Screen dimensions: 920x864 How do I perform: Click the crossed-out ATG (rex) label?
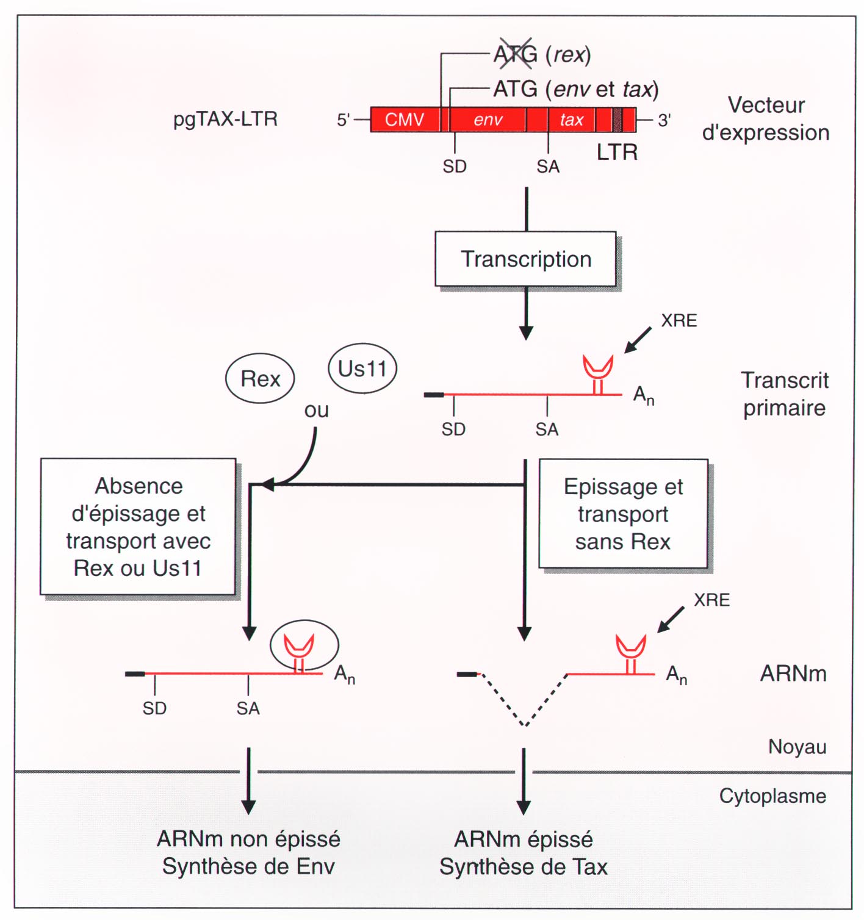pyautogui.click(x=542, y=55)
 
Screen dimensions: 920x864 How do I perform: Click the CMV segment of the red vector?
pyautogui.click(x=404, y=120)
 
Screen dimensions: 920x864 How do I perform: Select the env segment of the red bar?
pyautogui.click(x=488, y=120)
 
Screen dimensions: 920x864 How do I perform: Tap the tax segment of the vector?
pyautogui.click(x=572, y=120)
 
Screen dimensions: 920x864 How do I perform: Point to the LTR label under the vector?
pyautogui.click(x=617, y=152)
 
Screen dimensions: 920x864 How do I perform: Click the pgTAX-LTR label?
pyautogui.click(x=225, y=119)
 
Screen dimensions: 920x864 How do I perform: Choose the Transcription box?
pyautogui.click(x=525, y=259)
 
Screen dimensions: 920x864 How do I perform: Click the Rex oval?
pyautogui.click(x=260, y=379)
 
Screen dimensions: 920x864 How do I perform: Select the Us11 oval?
pyautogui.click(x=362, y=368)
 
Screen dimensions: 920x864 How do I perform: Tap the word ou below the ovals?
pyautogui.click(x=316, y=411)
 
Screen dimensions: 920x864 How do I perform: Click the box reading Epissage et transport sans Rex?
pyautogui.click(x=623, y=514)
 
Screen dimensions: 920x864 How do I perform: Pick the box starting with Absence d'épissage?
pyautogui.click(x=138, y=526)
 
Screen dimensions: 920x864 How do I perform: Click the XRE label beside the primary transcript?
pyautogui.click(x=679, y=321)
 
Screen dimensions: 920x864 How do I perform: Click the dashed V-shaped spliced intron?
pyautogui.click(x=524, y=702)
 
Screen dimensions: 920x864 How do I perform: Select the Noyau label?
pyautogui.click(x=797, y=747)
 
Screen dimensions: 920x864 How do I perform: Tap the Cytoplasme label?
pyautogui.click(x=772, y=796)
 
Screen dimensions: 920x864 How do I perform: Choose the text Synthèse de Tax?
pyautogui.click(x=524, y=867)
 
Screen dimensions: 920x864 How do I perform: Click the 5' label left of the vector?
pyautogui.click(x=344, y=120)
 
